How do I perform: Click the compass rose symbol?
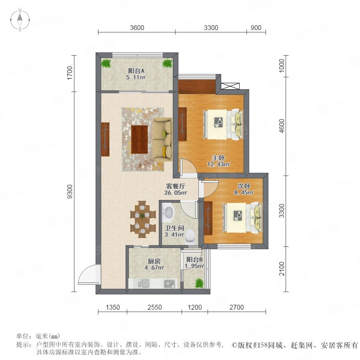coord(20,20)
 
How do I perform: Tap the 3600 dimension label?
coord(137,28)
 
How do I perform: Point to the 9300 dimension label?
coord(70,192)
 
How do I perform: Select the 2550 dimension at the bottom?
coord(154,307)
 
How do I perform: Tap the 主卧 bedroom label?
coord(218,158)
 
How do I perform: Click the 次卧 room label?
coord(244,186)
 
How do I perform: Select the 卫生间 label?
coord(174,228)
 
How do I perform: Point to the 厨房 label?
coord(154,261)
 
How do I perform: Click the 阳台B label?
coord(194,260)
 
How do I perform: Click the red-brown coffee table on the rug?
coord(140,139)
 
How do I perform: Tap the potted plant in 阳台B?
coord(199,283)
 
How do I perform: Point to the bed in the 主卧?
coord(223,124)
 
